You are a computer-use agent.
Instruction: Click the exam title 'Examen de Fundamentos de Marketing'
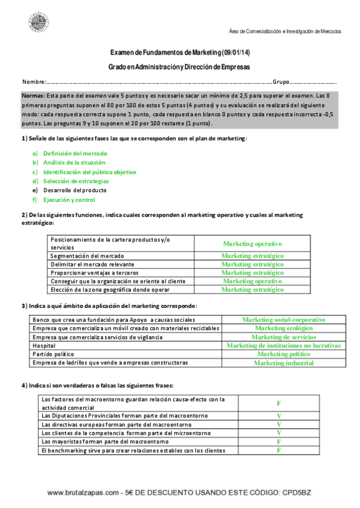165,53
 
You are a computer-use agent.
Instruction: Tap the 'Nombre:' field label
34,81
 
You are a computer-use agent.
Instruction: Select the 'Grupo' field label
281,81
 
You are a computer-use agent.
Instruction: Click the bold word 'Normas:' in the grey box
32,96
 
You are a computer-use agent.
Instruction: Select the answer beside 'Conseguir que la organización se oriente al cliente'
252,280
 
